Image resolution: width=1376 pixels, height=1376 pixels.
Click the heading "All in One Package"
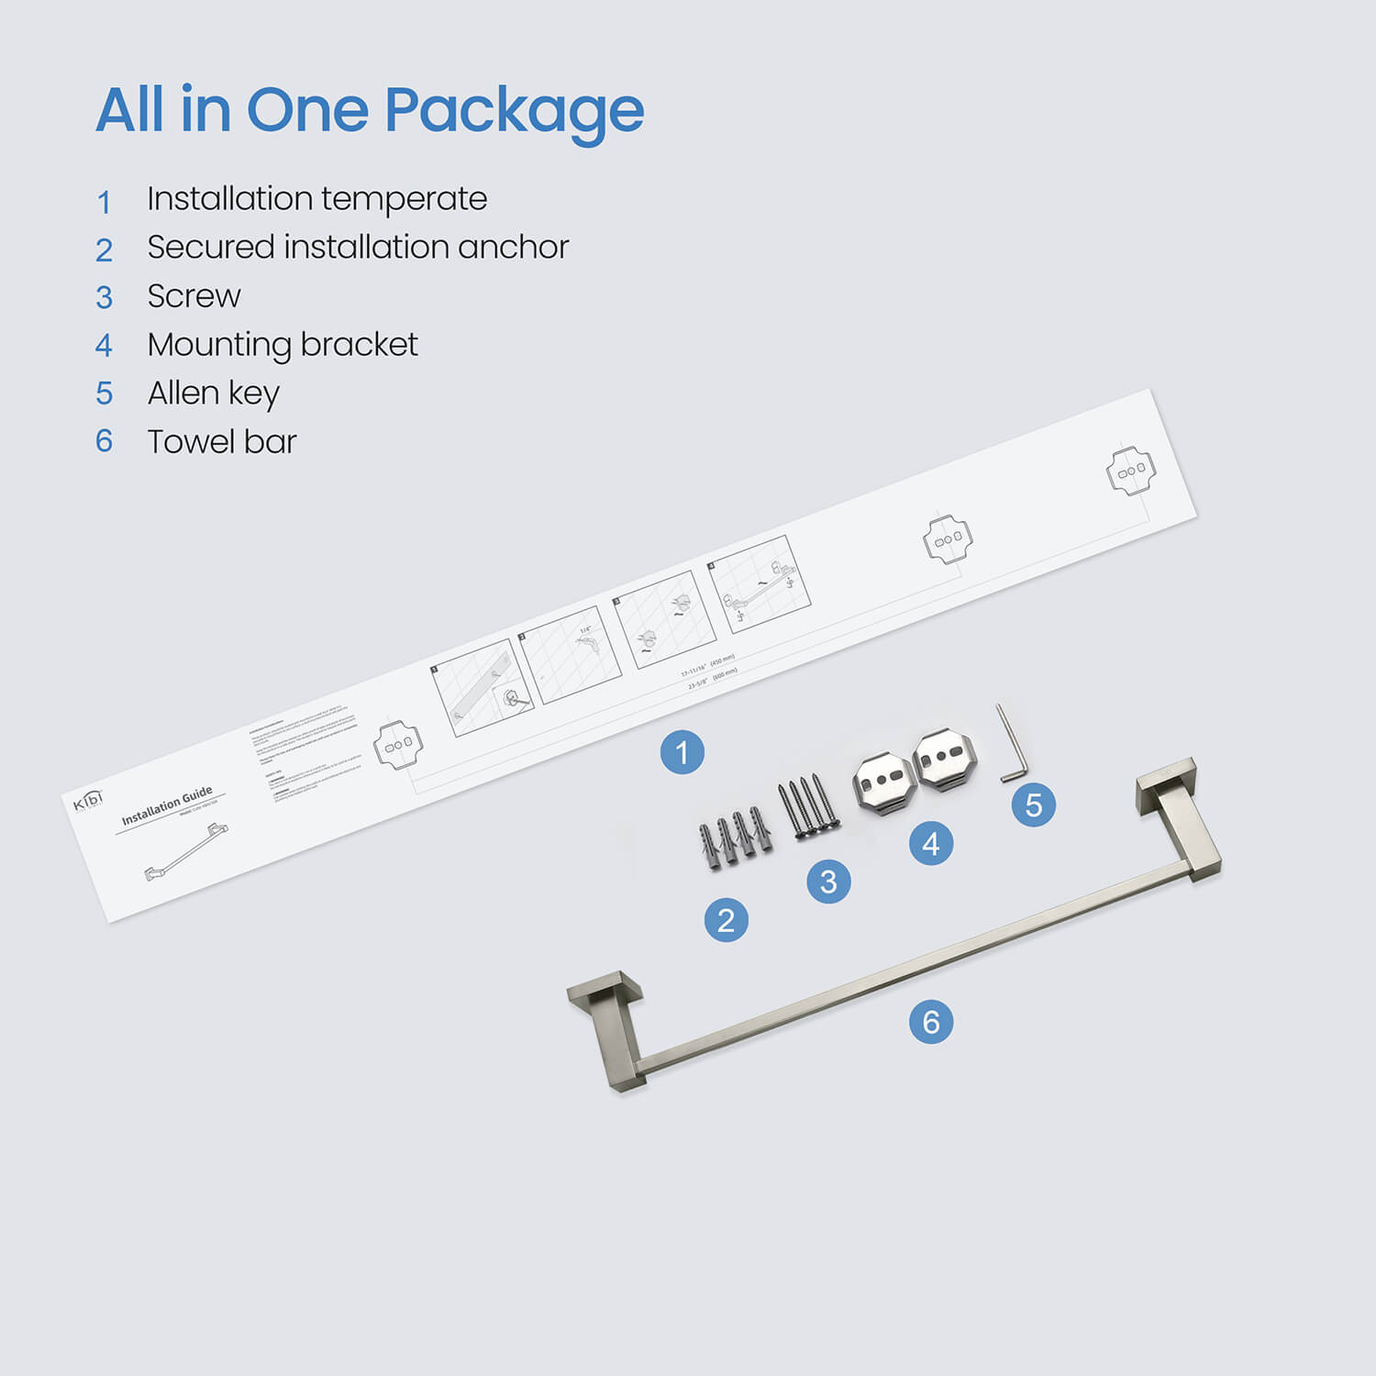[x=370, y=110]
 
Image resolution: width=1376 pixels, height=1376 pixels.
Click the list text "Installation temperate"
[x=316, y=199]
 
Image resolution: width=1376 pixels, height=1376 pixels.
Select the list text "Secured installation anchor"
[x=358, y=248]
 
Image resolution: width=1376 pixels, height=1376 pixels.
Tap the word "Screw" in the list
[x=194, y=296]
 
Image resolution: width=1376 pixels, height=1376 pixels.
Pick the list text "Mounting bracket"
[x=282, y=345]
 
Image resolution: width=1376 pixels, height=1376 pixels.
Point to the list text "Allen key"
[x=213, y=394]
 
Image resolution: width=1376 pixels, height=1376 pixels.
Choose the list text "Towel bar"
[x=222, y=442]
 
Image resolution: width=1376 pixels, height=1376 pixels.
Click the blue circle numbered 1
[x=682, y=753]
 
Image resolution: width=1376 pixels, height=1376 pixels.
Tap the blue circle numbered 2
[x=726, y=920]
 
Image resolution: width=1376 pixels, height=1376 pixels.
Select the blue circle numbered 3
[x=828, y=882]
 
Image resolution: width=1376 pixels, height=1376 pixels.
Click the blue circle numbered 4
[x=931, y=843]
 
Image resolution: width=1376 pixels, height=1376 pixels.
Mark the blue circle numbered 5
[x=1034, y=805]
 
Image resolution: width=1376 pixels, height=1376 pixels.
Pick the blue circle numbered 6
[x=931, y=1022]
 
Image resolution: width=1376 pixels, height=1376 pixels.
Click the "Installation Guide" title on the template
[x=167, y=805]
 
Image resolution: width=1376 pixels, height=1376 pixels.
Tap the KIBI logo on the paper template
[x=88, y=800]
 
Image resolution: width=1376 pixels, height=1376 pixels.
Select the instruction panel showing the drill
[x=570, y=654]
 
